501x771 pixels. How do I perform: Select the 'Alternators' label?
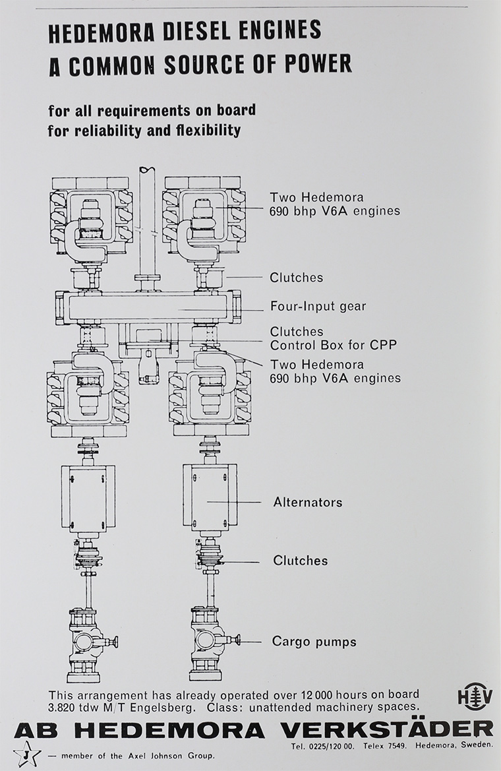[x=308, y=503]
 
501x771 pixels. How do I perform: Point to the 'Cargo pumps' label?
[x=314, y=641]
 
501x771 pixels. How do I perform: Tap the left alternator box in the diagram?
[x=88, y=497]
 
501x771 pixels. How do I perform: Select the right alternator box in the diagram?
[x=209, y=497]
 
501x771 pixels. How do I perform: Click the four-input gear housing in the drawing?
[x=148, y=307]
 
